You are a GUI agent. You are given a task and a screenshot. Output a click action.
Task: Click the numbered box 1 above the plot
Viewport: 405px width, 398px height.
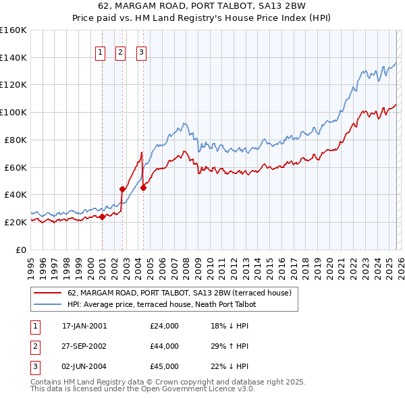tap(101, 52)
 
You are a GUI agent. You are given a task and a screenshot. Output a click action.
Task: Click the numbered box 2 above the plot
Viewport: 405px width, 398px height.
tap(121, 52)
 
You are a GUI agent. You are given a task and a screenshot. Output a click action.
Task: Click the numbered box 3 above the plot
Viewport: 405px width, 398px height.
tap(141, 52)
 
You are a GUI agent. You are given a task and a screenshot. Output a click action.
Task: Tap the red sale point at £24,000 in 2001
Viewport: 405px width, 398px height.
tap(102, 217)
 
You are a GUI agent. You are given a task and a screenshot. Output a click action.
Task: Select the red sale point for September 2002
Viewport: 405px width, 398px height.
tap(122, 189)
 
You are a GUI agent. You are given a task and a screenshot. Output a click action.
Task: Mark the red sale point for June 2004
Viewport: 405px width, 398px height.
tap(142, 188)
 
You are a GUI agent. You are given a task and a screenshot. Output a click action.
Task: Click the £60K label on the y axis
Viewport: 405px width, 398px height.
tap(16, 167)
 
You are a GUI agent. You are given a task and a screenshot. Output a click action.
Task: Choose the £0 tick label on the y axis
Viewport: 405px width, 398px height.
tap(20, 250)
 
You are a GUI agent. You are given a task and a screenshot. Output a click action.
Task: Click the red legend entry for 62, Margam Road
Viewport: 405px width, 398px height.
tap(179, 293)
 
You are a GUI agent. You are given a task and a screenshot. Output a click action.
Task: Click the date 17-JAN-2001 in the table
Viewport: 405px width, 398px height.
tap(84, 326)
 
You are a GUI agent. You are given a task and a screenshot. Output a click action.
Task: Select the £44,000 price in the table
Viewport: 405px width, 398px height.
tap(164, 346)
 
